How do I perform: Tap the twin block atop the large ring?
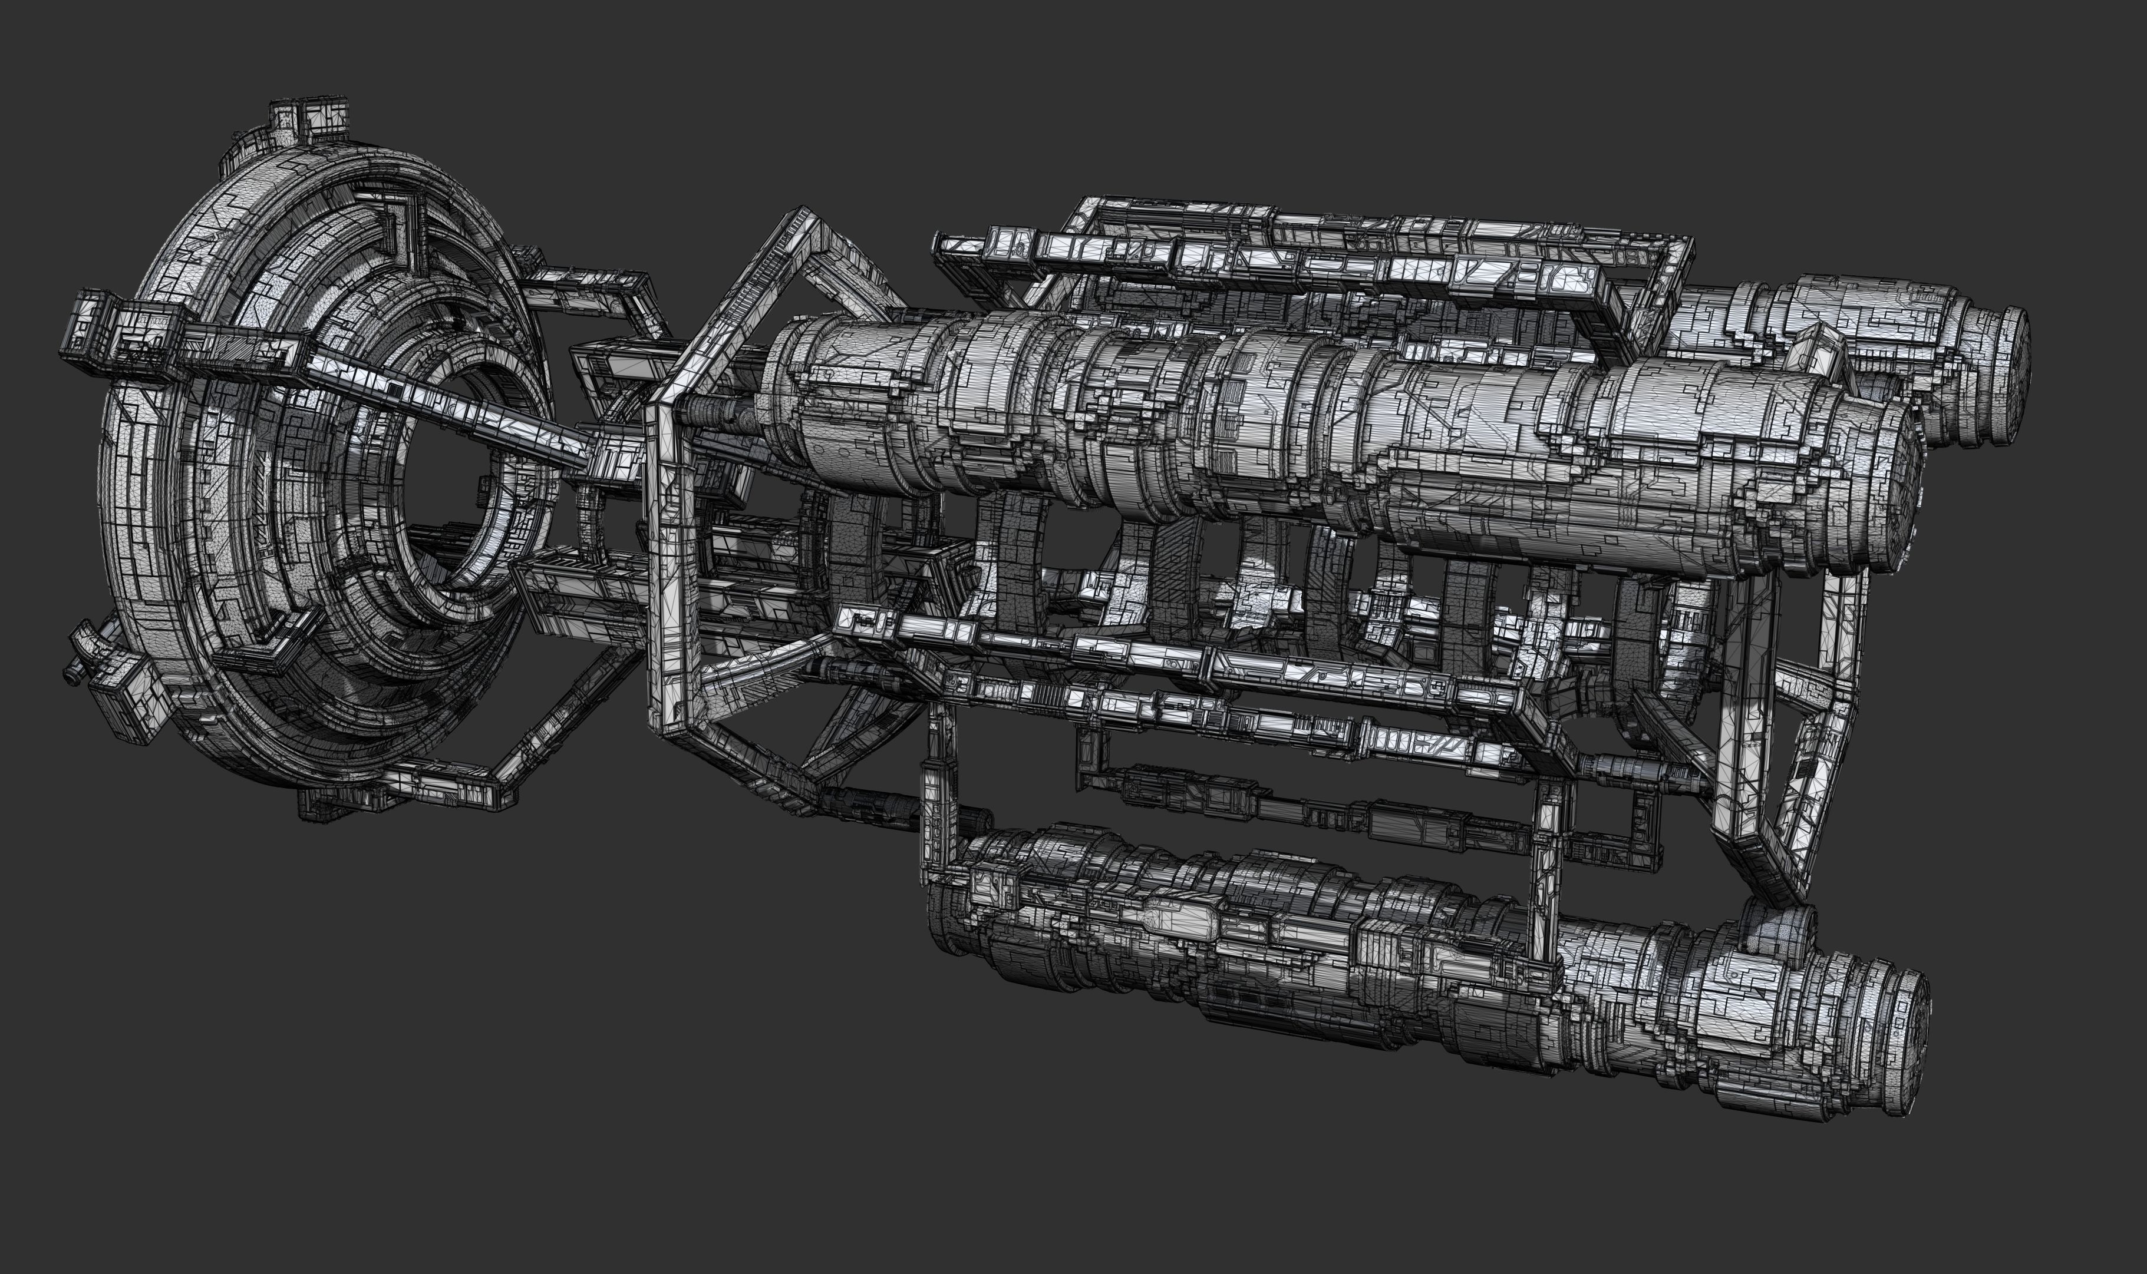pyautogui.click(x=309, y=120)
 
